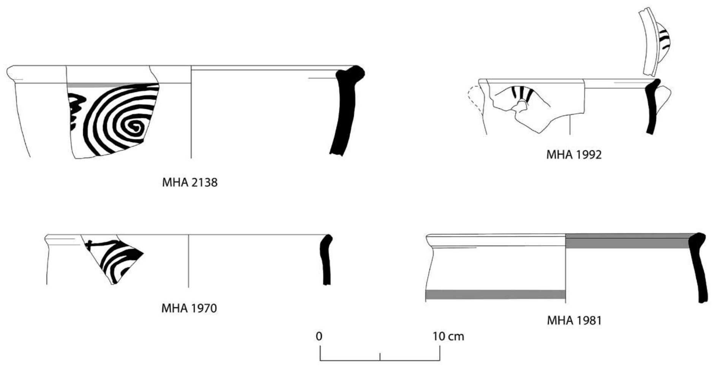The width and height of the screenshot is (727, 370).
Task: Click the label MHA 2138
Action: click(x=190, y=182)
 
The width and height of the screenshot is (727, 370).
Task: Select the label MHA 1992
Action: click(x=574, y=155)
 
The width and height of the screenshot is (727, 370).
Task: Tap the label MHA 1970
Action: click(x=189, y=308)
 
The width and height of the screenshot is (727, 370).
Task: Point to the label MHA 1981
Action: click(x=574, y=320)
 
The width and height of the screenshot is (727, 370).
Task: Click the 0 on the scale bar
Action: click(x=319, y=336)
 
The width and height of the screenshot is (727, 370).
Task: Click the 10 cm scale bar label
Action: click(x=448, y=336)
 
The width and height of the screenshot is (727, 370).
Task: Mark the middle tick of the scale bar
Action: click(x=380, y=356)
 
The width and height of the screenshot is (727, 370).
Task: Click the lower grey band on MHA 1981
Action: click(x=495, y=294)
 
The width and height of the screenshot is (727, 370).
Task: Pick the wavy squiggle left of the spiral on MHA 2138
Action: click(x=76, y=110)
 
